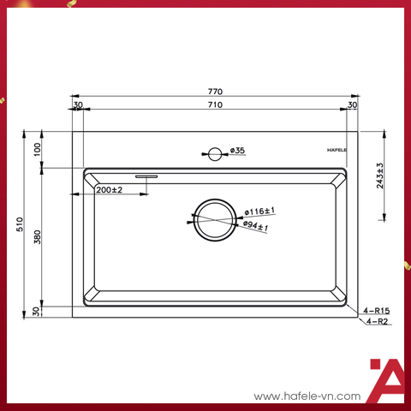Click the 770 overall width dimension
[x=215, y=92]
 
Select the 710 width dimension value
[x=215, y=104]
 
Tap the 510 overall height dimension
[x=20, y=224]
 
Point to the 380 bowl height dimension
[x=38, y=237]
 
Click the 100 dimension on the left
[x=38, y=149]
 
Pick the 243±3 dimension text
[x=380, y=176]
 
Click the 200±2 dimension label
[x=110, y=190]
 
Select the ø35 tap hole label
[x=237, y=150]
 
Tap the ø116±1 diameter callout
[x=259, y=211]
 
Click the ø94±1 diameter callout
[x=256, y=226]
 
